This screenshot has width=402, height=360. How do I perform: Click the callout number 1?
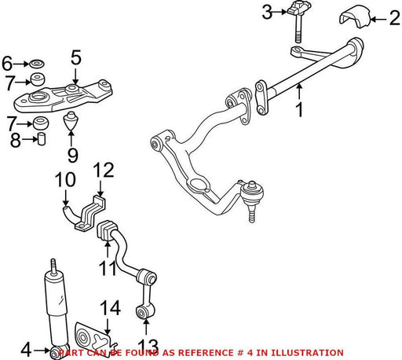(299, 110)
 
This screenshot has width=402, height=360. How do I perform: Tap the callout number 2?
(395, 19)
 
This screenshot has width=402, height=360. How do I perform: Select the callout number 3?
(267, 12)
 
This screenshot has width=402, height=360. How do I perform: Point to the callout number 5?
(76, 57)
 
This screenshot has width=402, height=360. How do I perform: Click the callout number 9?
(73, 156)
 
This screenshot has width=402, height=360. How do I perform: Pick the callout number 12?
(104, 170)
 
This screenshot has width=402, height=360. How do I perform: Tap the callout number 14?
(111, 307)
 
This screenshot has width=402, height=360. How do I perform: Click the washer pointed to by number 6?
(36, 64)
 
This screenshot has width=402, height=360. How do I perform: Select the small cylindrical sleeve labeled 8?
(42, 139)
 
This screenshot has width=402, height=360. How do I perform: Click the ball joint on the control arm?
(252, 194)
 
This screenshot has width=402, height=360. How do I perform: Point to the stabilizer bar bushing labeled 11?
(108, 231)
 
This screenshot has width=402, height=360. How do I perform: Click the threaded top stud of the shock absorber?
(53, 266)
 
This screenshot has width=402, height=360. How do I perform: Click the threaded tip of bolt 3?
(298, 38)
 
